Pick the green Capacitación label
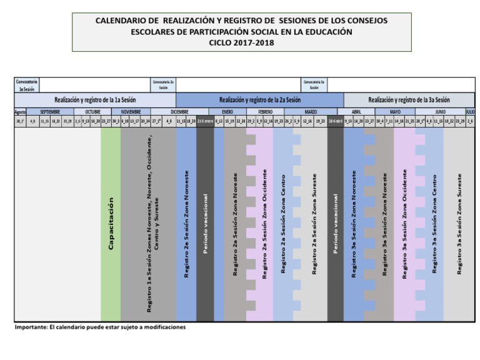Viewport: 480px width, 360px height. (x=111, y=224)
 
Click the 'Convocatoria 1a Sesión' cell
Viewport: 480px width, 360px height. (x=26, y=84)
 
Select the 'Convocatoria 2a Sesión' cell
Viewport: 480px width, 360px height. (x=163, y=84)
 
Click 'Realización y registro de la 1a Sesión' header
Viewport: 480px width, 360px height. (x=95, y=99)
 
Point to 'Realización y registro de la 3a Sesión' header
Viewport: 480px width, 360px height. (x=409, y=99)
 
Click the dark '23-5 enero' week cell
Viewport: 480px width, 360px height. (x=205, y=121)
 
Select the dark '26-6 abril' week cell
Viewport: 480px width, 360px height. (x=335, y=121)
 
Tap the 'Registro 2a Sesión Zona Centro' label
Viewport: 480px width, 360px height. (x=283, y=224)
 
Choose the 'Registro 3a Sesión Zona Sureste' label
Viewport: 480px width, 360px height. (x=459, y=224)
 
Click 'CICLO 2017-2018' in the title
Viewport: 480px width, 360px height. (x=241, y=43)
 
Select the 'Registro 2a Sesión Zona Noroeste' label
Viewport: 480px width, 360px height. (x=186, y=224)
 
